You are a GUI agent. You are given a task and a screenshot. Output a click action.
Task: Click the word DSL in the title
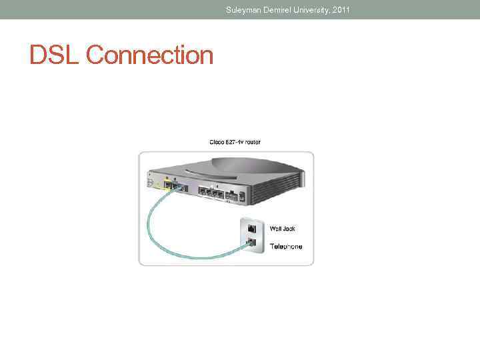[x=55, y=55]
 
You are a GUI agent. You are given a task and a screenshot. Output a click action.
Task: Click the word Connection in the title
[x=150, y=55]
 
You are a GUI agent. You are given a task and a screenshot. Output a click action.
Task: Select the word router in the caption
[x=251, y=143]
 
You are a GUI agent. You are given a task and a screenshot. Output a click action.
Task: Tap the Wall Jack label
[x=282, y=229]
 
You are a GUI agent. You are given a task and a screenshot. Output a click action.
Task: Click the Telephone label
[x=286, y=247]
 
